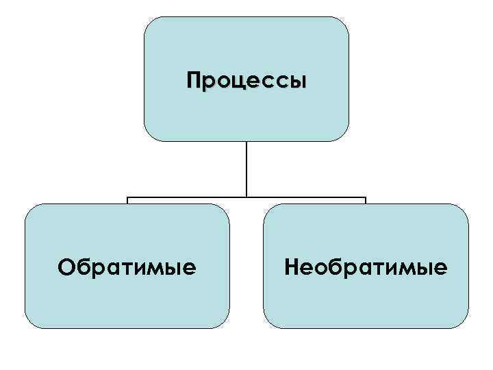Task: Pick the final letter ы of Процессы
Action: [x=298, y=82]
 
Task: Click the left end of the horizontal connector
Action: [x=128, y=199]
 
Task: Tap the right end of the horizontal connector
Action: [x=365, y=199]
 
